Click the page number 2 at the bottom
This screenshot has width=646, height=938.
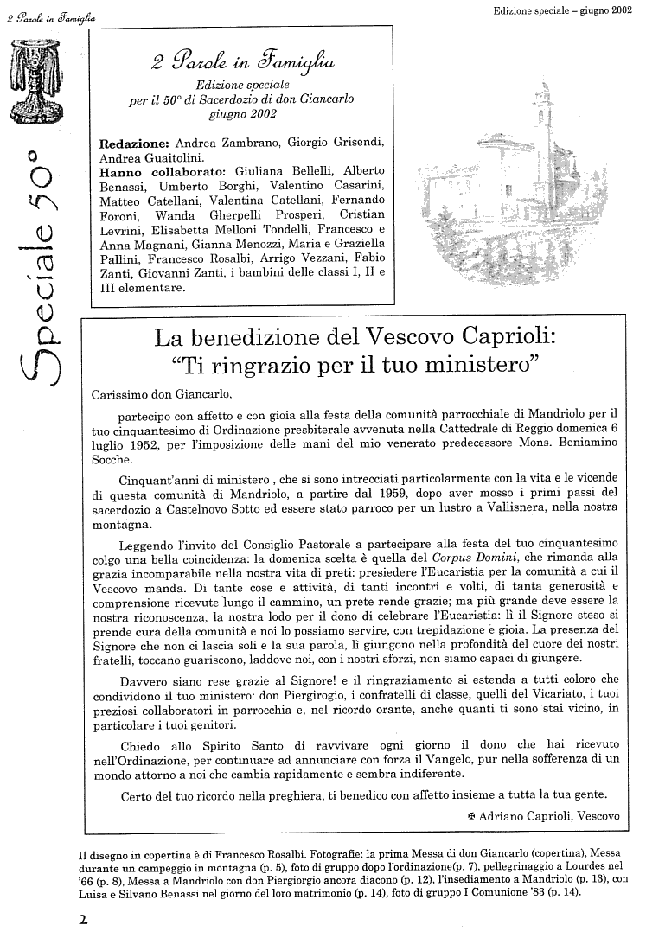pos(83,920)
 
